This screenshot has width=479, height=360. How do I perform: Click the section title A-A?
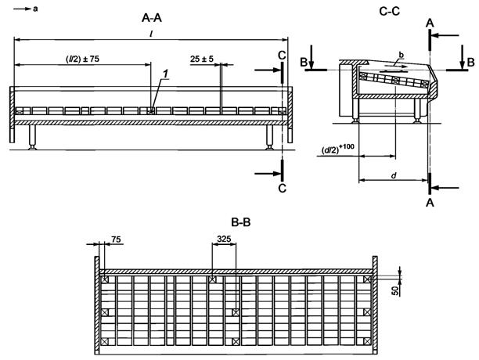point(152,18)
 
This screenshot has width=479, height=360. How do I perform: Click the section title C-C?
point(390,11)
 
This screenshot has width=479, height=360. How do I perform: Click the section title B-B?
point(241,222)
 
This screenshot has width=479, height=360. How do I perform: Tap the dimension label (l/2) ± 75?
point(82,59)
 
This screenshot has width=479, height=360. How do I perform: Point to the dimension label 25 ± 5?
point(202,59)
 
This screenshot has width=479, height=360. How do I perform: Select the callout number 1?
point(165,74)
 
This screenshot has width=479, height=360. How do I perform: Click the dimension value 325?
point(224,239)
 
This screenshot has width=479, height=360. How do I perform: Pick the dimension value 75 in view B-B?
point(116,239)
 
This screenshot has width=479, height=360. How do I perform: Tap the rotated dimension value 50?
point(395,290)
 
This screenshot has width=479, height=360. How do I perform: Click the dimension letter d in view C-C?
point(394,175)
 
